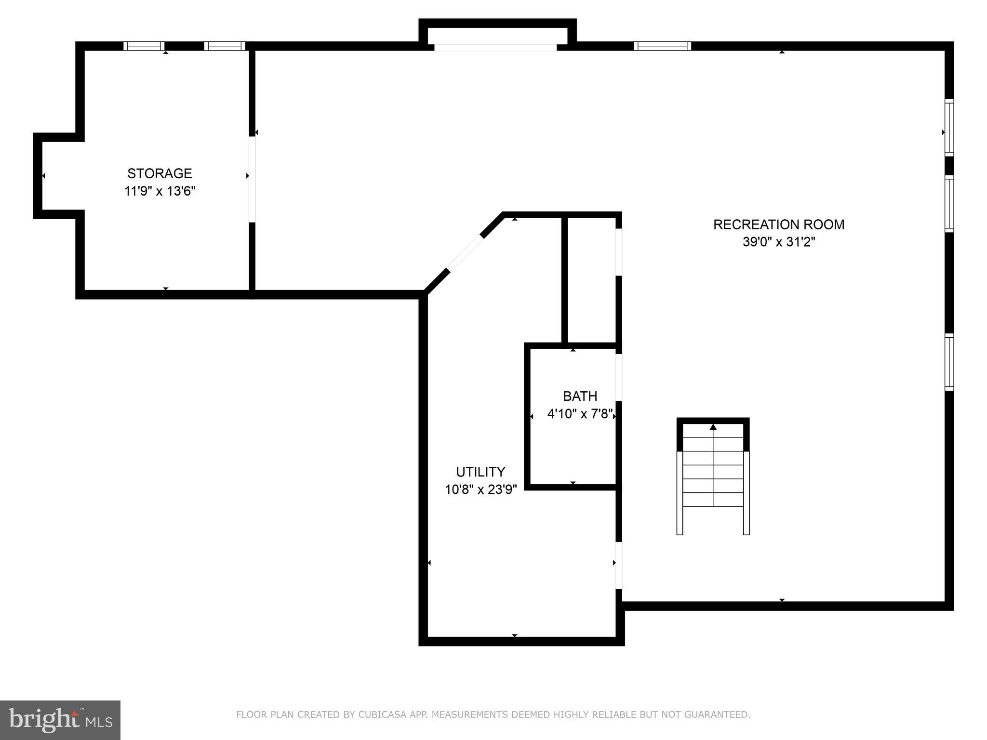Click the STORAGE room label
(160, 173)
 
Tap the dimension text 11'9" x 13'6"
(160, 191)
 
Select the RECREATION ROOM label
(778, 225)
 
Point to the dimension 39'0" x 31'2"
(778, 242)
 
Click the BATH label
(580, 396)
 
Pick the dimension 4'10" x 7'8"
(580, 414)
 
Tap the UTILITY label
(480, 472)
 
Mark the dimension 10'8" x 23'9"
(480, 490)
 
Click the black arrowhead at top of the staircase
(713, 427)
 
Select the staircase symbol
(713, 477)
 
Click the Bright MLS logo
(60, 720)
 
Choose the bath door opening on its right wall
(619, 377)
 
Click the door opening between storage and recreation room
(252, 180)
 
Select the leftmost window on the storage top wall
(144, 46)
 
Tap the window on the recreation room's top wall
(662, 46)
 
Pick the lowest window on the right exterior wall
(949, 362)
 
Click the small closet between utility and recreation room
(591, 279)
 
